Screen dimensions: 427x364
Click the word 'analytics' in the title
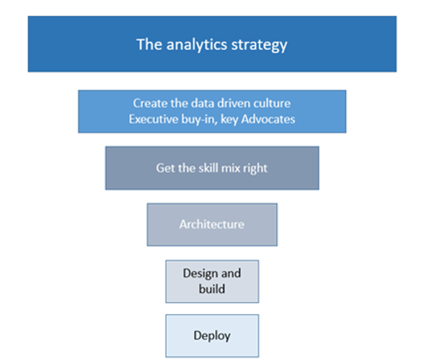197,44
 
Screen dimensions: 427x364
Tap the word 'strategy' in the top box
259,45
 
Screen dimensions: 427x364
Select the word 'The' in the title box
149,44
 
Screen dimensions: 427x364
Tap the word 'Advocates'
268,119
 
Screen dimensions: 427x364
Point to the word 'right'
255,169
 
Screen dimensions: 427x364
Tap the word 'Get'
165,168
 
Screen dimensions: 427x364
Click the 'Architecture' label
212,224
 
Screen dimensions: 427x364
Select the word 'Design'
200,274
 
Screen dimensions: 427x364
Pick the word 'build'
212,289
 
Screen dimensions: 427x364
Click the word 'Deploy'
212,336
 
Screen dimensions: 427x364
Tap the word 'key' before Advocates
230,120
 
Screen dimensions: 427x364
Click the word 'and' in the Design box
231,273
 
